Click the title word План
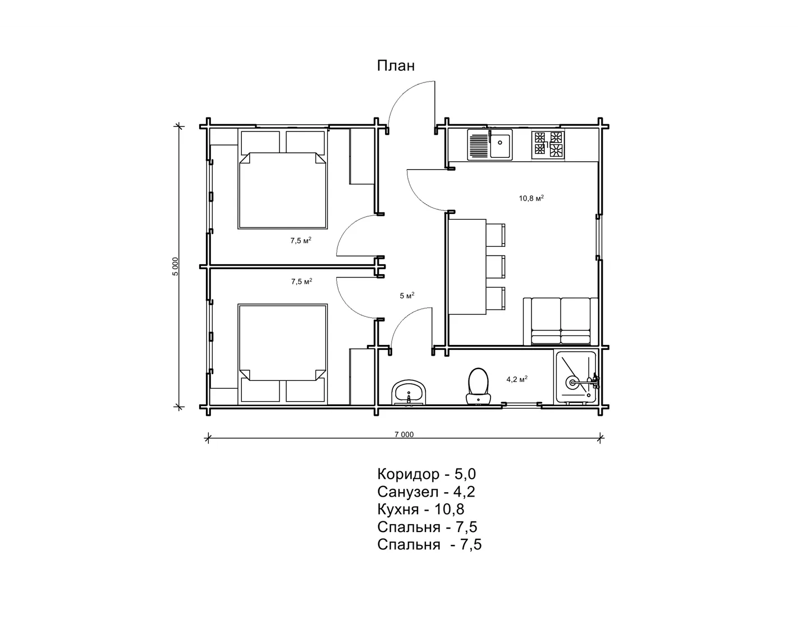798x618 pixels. coord(396,66)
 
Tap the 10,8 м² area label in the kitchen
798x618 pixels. coord(531,198)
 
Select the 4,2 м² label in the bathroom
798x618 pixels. coord(517,379)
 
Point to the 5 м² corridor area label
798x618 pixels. coord(407,295)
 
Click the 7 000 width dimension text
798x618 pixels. coord(404,434)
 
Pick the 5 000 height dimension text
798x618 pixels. coord(176,266)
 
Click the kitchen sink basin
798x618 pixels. coord(500,146)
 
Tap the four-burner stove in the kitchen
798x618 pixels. coord(548,144)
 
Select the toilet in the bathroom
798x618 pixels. coord(478,387)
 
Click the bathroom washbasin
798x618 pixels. coord(409,392)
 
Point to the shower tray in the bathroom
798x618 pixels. coord(576,377)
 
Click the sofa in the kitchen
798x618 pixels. coord(561,322)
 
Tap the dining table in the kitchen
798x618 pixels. coord(467,266)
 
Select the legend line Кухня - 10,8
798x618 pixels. coord(421,509)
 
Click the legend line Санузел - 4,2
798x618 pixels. coord(426,492)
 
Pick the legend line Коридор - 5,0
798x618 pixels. coord(426,474)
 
